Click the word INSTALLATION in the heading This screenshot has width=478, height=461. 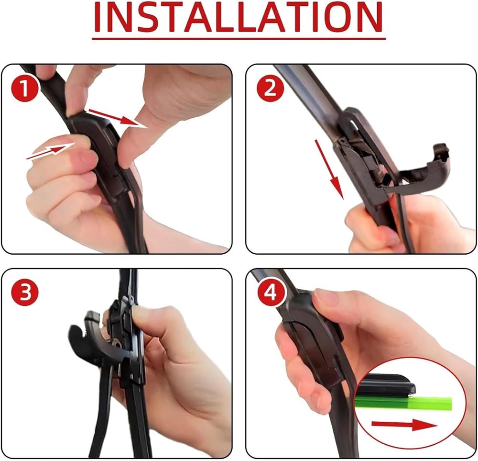239,17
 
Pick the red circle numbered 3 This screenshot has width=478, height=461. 25,292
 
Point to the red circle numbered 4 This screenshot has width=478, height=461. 270,292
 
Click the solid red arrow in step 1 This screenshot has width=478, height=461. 116,117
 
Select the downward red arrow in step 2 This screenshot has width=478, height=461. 329,169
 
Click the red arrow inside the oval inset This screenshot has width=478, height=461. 404,424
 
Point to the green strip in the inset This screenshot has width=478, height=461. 403,403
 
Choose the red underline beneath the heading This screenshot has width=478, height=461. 239,39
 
